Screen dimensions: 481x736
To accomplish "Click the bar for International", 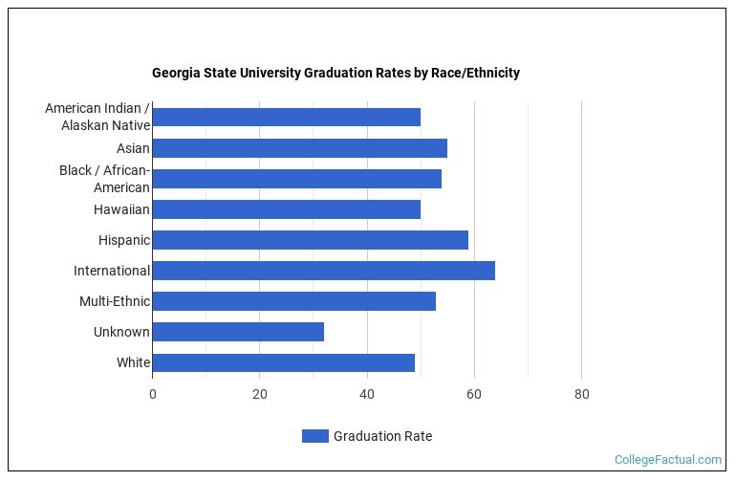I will pyautogui.click(x=323, y=271).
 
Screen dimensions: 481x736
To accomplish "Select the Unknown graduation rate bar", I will pyautogui.click(x=238, y=332).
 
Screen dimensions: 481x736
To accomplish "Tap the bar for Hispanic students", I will pyautogui.click(x=310, y=240).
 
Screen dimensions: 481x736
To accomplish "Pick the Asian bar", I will pyautogui.click(x=299, y=148).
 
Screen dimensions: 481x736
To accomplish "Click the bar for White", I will pyautogui.click(x=283, y=362).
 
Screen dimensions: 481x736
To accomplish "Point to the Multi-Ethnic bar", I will pyautogui.click(x=293, y=301).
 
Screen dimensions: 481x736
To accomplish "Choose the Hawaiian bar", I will pyautogui.click(x=286, y=209).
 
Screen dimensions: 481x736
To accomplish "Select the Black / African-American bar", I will pyautogui.click(x=296, y=179).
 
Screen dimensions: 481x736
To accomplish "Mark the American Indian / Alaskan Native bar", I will pyautogui.click(x=286, y=118).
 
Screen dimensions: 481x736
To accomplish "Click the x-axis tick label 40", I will pyautogui.click(x=367, y=394).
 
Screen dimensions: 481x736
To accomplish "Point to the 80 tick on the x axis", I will pyautogui.click(x=581, y=394).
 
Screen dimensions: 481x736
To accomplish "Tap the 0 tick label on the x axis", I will pyautogui.click(x=152, y=394).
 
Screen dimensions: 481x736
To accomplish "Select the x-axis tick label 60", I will pyautogui.click(x=474, y=394).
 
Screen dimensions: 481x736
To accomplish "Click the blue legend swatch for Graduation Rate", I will pyautogui.click(x=314, y=436).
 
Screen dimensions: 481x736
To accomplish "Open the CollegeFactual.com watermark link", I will pyautogui.click(x=667, y=460).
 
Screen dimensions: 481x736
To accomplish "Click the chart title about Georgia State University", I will pyautogui.click(x=336, y=73).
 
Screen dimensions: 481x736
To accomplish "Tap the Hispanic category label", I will pyautogui.click(x=123, y=240).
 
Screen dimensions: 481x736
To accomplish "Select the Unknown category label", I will pyautogui.click(x=121, y=332).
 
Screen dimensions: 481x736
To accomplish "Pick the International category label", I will pyautogui.click(x=112, y=271).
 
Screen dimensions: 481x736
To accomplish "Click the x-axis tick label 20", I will pyautogui.click(x=259, y=394).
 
